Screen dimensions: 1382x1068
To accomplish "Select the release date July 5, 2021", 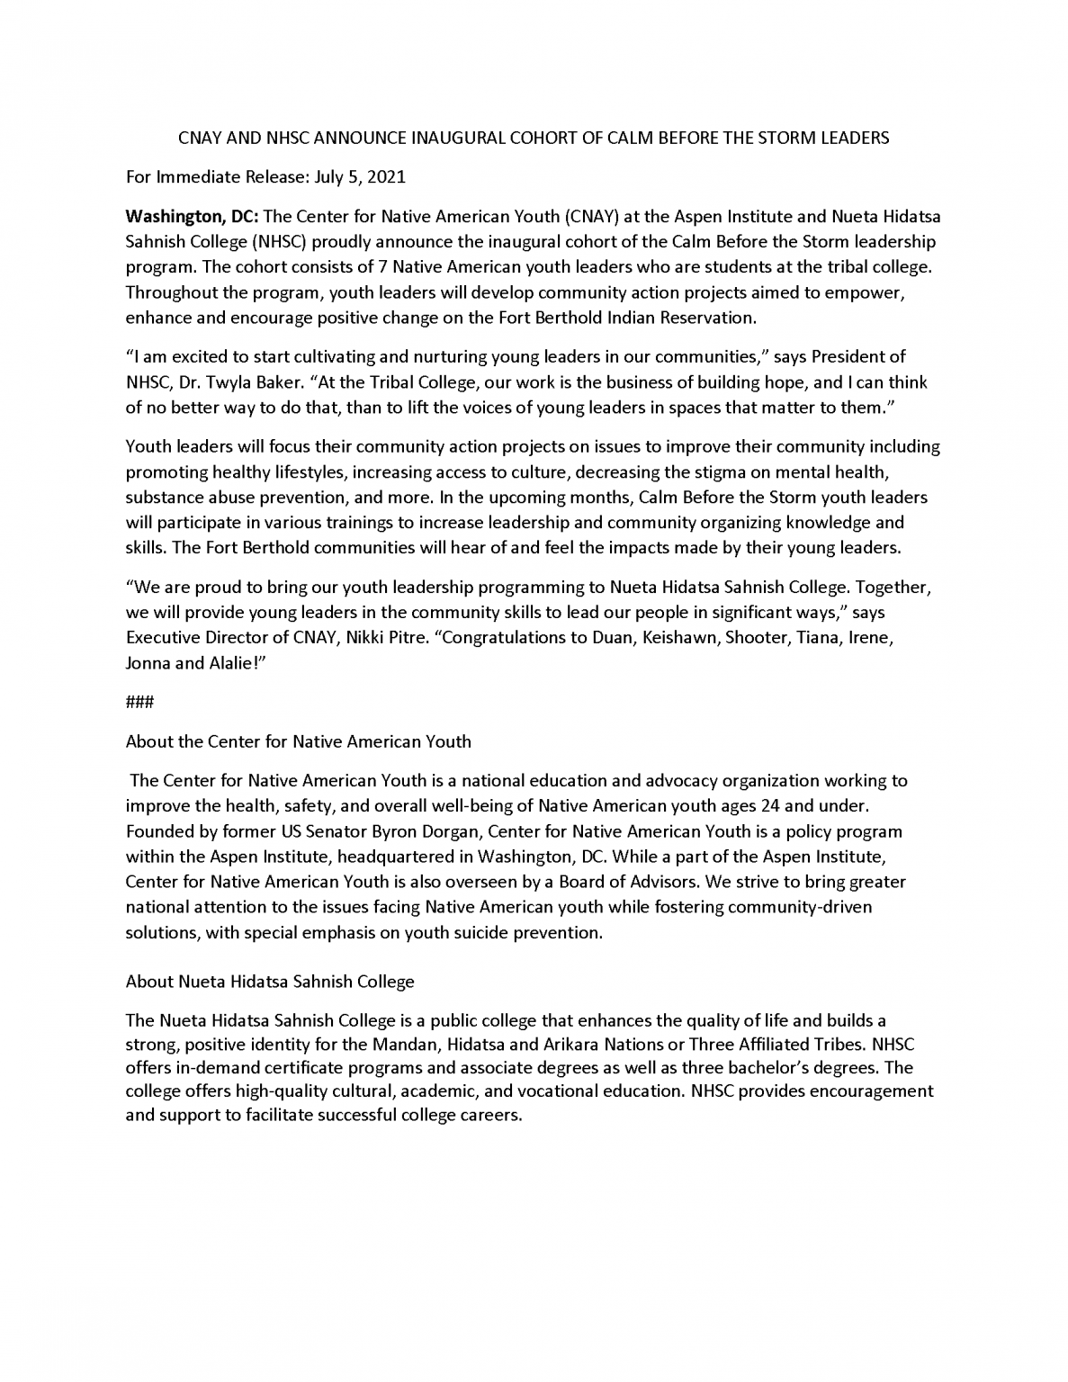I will point(360,176).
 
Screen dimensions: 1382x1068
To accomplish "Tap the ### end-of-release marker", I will point(139,703).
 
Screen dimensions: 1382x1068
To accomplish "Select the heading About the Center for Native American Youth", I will point(299,742).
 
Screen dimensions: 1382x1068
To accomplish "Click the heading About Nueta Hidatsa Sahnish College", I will point(270,981).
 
